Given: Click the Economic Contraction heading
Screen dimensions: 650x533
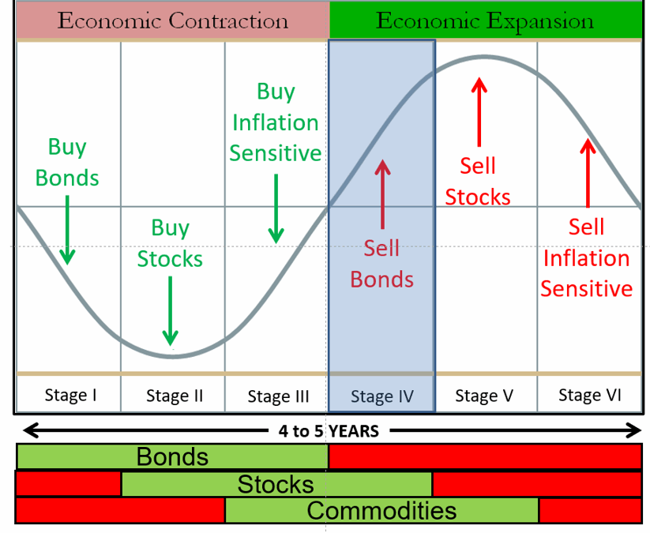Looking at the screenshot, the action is pyautogui.click(x=172, y=21).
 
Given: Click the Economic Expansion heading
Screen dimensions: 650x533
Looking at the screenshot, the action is pyautogui.click(x=485, y=21).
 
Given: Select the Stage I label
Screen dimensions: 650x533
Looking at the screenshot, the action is pyautogui.click(x=70, y=395).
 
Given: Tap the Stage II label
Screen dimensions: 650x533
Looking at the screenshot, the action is pyautogui.click(x=175, y=396).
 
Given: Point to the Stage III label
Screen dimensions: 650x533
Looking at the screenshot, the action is pyautogui.click(x=278, y=396).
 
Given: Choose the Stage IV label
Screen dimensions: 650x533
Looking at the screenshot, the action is pyautogui.click(x=382, y=396).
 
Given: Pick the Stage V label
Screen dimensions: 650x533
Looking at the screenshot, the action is pyautogui.click(x=484, y=396).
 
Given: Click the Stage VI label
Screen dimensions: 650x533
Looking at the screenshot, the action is pyautogui.click(x=590, y=395).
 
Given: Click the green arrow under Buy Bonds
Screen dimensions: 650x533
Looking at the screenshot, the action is pyautogui.click(x=67, y=230).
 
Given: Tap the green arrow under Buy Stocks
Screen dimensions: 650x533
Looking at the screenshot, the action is pyautogui.click(x=170, y=311).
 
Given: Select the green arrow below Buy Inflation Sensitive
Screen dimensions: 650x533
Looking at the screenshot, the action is pyautogui.click(x=276, y=209).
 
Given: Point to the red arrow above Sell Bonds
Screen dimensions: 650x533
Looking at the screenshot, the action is pyautogui.click(x=382, y=194).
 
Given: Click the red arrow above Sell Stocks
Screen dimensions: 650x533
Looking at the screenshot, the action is pyautogui.click(x=479, y=112).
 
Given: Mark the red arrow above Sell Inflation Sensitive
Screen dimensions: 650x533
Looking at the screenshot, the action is pyautogui.click(x=588, y=173).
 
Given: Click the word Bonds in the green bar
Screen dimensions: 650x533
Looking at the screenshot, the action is pyautogui.click(x=172, y=456).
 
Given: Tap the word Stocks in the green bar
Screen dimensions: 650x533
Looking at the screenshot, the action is pyautogui.click(x=276, y=484).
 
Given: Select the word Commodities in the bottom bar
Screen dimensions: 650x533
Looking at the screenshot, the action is pyautogui.click(x=381, y=511).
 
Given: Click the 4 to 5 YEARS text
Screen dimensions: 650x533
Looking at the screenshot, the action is pyautogui.click(x=329, y=431).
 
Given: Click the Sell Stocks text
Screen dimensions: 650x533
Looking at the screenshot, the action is pyautogui.click(x=478, y=182).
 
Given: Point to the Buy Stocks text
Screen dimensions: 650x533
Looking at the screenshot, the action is pyautogui.click(x=170, y=243).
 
